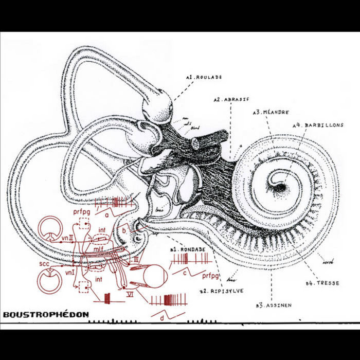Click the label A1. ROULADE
[x=205, y=77]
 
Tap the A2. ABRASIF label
[x=230, y=99]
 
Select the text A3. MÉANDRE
[x=271, y=112]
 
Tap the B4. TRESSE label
[x=322, y=283]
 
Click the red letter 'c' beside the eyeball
[x=184, y=274]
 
